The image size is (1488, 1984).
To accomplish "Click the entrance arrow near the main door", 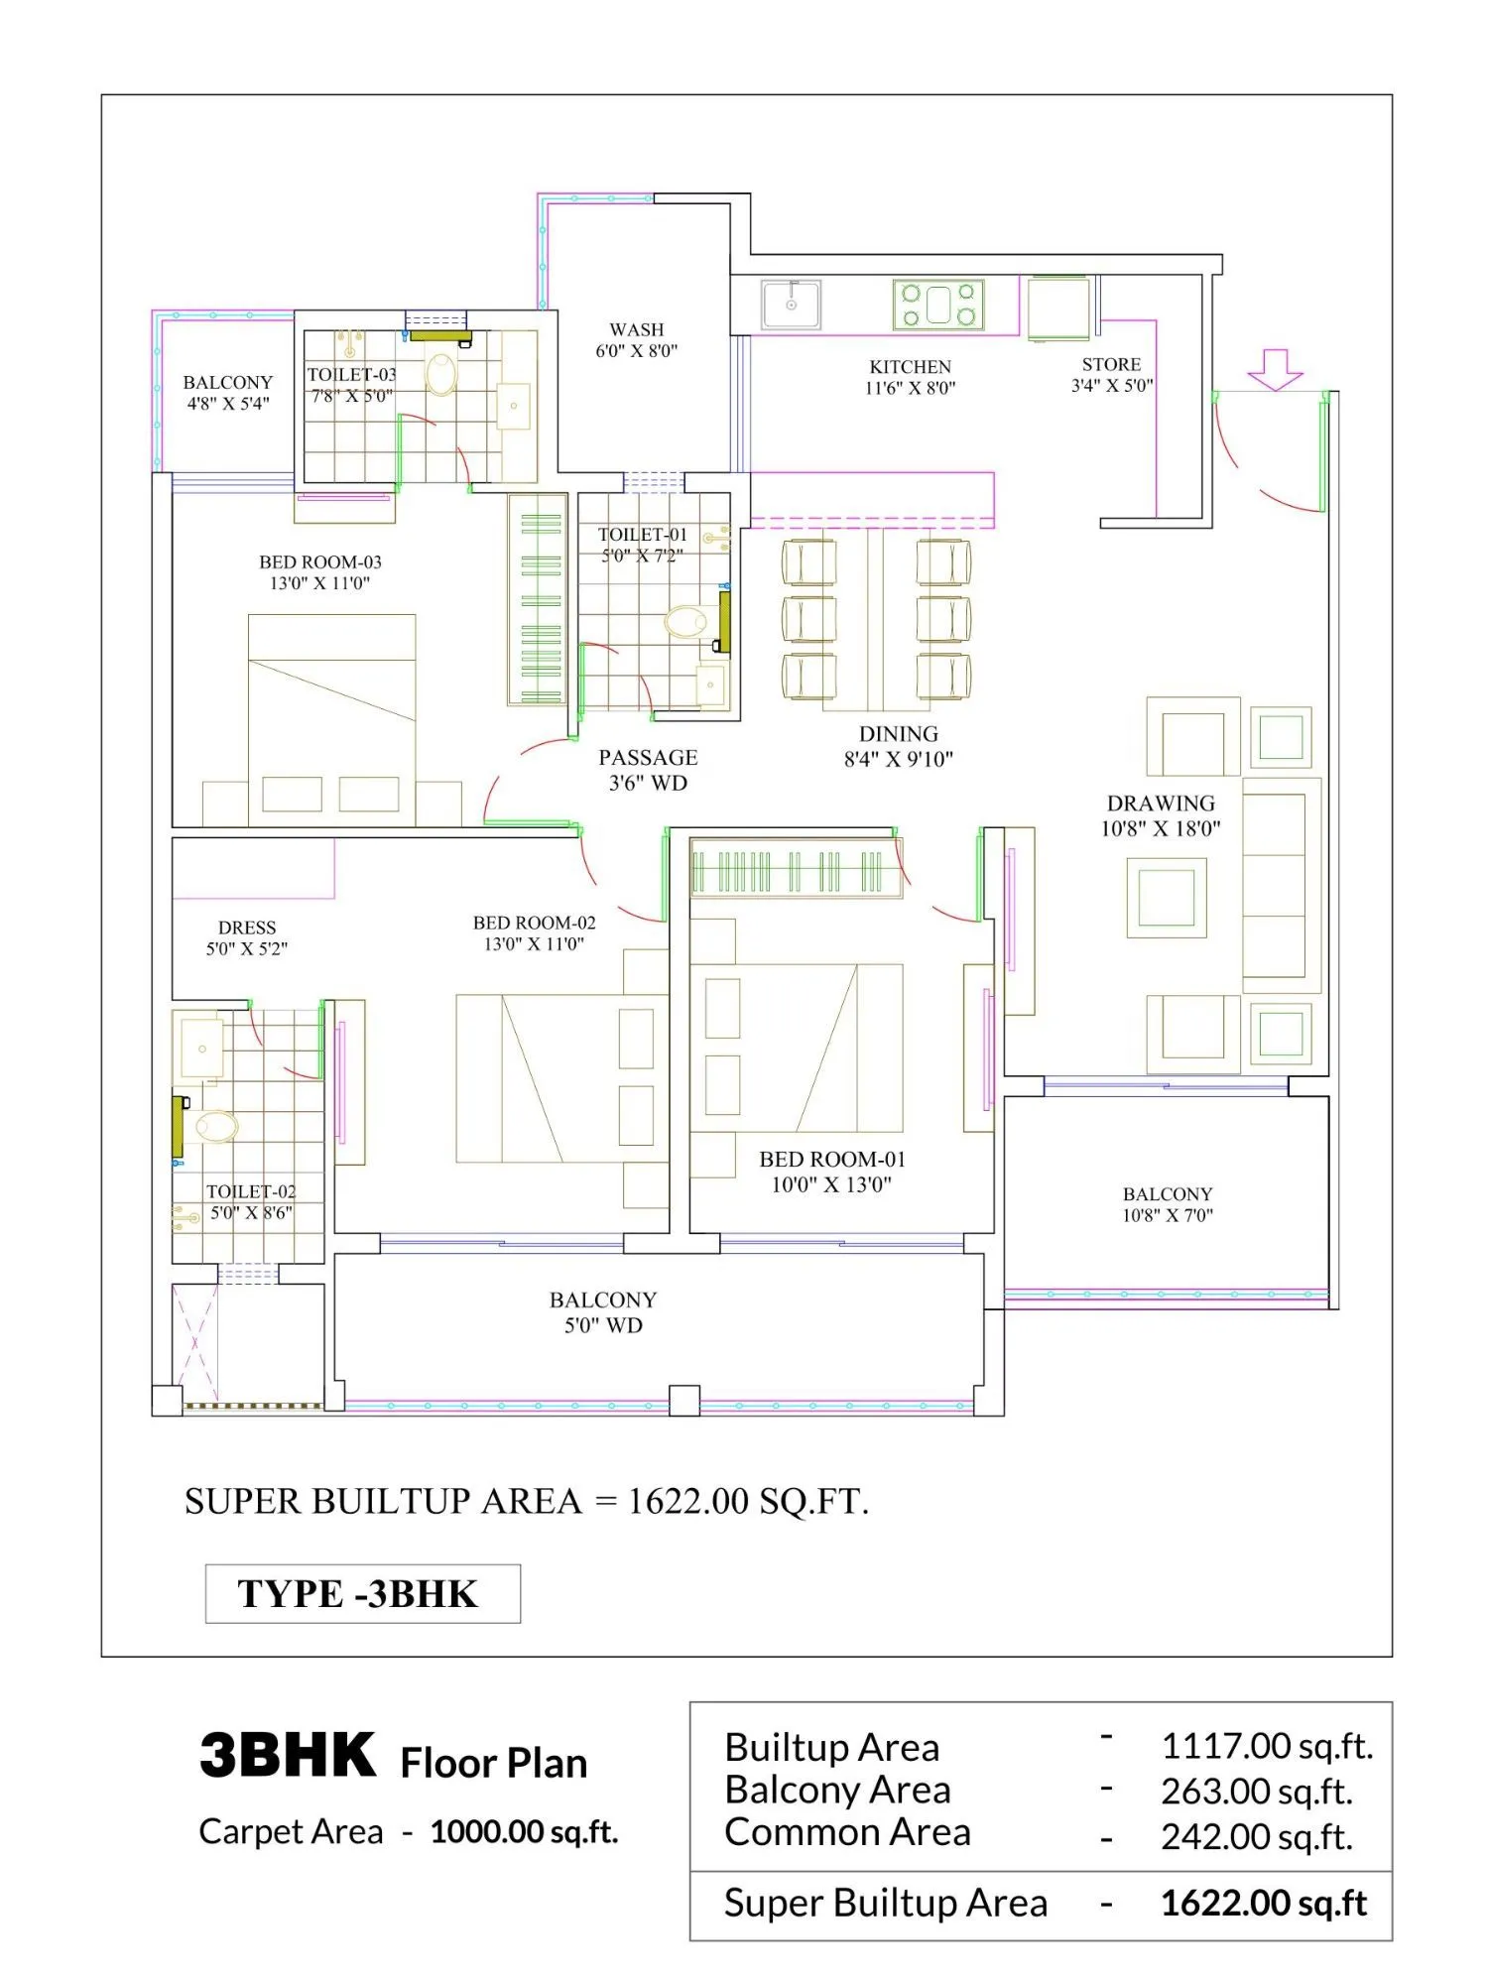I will (x=1275, y=369).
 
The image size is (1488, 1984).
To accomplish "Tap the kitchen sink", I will (x=791, y=305).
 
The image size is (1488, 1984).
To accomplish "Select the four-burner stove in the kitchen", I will (x=937, y=305).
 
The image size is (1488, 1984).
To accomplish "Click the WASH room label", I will (x=637, y=329).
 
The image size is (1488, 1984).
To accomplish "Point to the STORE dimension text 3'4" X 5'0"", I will (x=1111, y=386).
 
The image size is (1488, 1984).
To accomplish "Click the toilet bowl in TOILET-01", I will (x=684, y=622).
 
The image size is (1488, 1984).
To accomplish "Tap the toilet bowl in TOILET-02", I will (x=217, y=1126).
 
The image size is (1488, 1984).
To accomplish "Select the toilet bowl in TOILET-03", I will (x=441, y=375).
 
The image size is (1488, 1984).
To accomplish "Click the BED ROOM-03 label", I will (x=320, y=562).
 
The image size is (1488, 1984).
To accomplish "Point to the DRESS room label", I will (x=247, y=928).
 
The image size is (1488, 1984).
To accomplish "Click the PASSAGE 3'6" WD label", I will (x=648, y=770).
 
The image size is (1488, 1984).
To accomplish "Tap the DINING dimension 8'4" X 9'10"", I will (x=898, y=760).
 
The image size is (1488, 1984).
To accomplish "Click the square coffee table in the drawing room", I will (x=1166, y=897).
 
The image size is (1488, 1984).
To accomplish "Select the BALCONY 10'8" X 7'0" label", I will (x=1168, y=1204).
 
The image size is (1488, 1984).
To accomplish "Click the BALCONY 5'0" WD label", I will (x=603, y=1311).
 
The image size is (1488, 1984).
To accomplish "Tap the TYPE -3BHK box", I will (x=362, y=1593).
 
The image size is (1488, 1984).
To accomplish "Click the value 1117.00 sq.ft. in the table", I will (x=1267, y=1746).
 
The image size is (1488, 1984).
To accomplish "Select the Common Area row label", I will (x=847, y=1832).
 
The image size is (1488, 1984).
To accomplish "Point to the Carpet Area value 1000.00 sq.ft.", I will (x=524, y=1832).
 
